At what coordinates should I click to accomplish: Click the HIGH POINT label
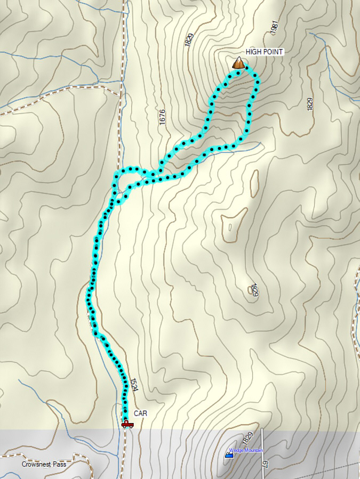point(264,52)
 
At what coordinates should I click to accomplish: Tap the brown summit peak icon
point(239,63)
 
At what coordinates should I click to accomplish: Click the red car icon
point(127,424)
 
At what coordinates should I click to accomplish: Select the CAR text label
point(140,413)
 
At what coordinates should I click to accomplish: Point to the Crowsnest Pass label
point(44,464)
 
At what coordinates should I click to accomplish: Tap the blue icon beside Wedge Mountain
point(229,455)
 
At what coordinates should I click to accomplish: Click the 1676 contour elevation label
point(162,117)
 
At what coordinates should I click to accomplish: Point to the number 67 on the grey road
point(265,464)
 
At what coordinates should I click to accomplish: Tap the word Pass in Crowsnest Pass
point(59,464)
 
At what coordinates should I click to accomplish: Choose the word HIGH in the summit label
point(253,52)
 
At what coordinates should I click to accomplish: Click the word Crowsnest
point(36,464)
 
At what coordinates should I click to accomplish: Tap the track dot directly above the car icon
point(126,416)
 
